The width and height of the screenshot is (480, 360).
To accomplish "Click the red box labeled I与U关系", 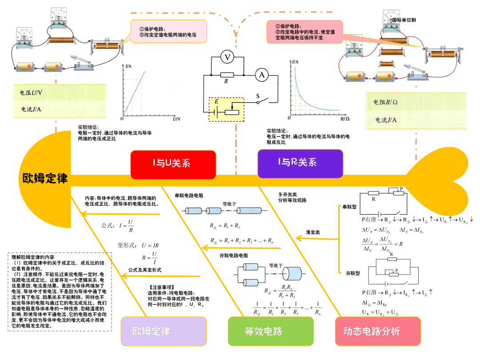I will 173,164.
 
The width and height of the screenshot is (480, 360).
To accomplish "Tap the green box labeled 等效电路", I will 264,331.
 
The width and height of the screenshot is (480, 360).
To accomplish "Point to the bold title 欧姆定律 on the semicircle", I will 45,179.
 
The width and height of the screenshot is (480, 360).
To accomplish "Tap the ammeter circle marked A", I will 262,76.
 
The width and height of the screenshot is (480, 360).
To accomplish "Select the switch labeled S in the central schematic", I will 262,100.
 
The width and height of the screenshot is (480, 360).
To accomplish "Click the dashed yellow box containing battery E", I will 227,109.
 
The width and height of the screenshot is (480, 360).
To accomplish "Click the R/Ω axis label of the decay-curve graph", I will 344,119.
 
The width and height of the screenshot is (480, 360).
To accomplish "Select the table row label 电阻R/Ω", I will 385,102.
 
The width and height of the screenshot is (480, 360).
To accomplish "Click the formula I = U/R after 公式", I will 126,225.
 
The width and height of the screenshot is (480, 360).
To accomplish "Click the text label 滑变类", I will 313,232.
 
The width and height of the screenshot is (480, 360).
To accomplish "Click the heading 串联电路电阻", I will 189,196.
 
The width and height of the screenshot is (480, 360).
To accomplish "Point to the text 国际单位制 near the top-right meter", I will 404,20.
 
